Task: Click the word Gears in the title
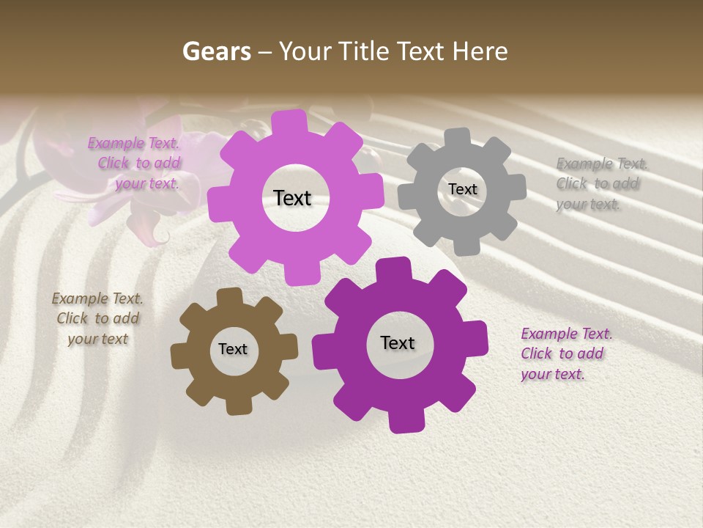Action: (x=216, y=51)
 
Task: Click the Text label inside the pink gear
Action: (x=292, y=198)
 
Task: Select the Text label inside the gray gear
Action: (x=462, y=189)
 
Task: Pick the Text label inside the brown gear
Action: (x=233, y=349)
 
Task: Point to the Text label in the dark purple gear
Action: (x=398, y=343)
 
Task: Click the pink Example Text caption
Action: (x=134, y=163)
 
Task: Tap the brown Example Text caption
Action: (x=97, y=318)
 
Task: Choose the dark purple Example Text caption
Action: (x=565, y=353)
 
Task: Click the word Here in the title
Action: (x=480, y=51)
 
